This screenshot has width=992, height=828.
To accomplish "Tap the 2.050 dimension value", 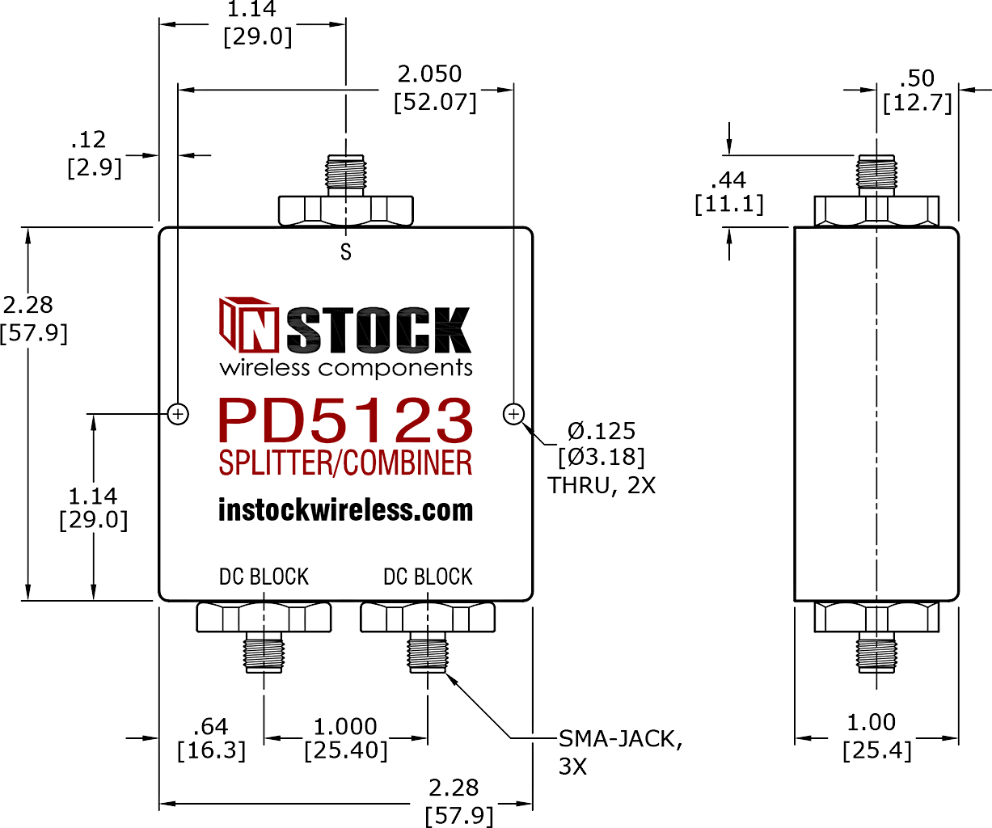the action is click(x=429, y=74).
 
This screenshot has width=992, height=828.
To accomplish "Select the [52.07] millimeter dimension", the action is click(x=435, y=102).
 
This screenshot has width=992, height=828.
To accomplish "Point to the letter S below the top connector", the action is click(x=346, y=251).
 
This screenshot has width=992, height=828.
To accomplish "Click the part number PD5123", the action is click(x=345, y=421).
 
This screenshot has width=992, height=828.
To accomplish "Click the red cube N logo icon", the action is click(x=246, y=324).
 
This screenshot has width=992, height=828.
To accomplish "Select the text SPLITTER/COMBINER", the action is click(x=345, y=463).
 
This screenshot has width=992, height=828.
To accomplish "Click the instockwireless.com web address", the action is click(x=345, y=510).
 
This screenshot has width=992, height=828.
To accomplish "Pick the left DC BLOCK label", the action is click(x=264, y=577).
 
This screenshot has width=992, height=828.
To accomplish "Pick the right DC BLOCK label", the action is click(x=428, y=577).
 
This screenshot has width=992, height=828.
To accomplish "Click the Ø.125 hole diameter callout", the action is click(x=602, y=431).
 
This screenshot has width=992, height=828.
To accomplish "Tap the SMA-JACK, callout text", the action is click(x=620, y=738).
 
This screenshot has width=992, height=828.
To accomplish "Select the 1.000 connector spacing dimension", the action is click(x=345, y=726).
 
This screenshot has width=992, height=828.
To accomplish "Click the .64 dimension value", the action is click(x=211, y=726).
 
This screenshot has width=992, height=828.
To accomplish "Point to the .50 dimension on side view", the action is click(x=917, y=78).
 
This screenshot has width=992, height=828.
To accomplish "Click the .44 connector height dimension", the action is click(x=728, y=180).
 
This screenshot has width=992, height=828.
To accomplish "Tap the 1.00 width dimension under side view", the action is click(x=872, y=723).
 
